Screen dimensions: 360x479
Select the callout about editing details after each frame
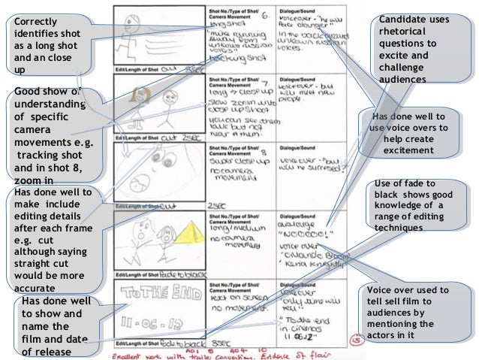point(50,239)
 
